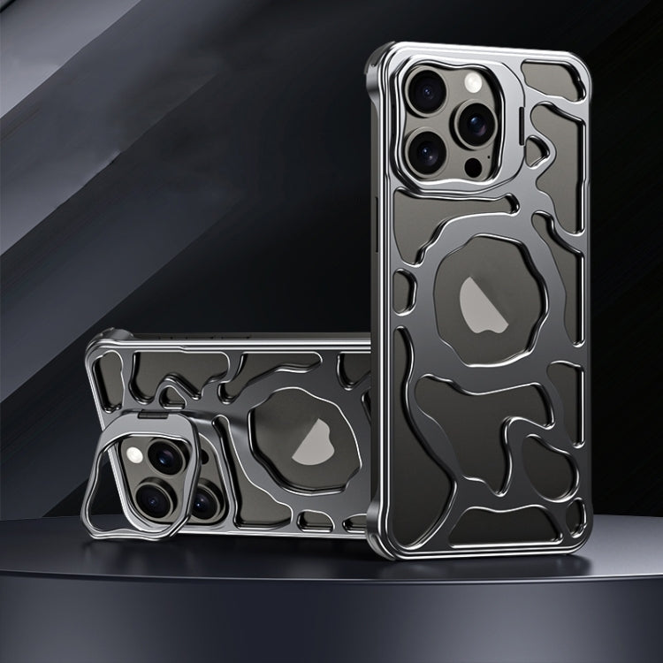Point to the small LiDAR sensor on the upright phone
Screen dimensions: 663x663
tap(475, 165)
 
